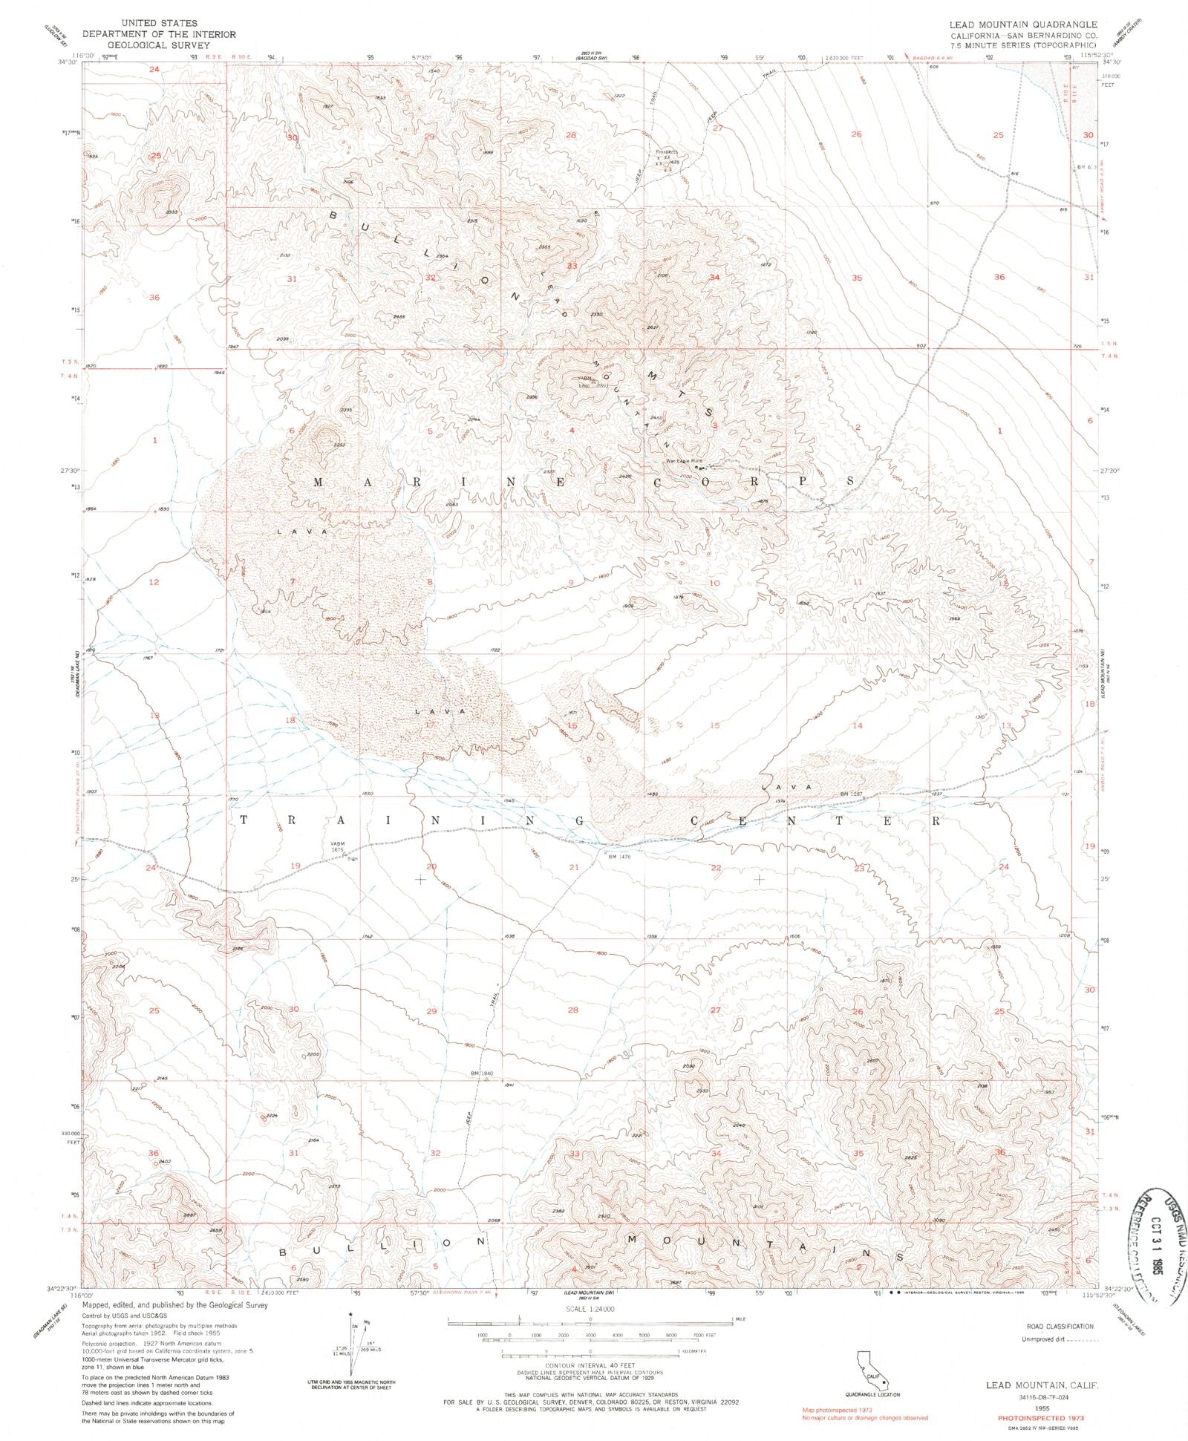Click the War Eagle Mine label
pos(683,461)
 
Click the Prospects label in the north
pos(667,153)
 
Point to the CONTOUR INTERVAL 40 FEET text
pos(591,1365)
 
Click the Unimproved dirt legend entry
pos(1043,1340)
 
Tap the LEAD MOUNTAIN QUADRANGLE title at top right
pos(1022,24)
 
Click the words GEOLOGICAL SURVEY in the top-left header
pos(159,45)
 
